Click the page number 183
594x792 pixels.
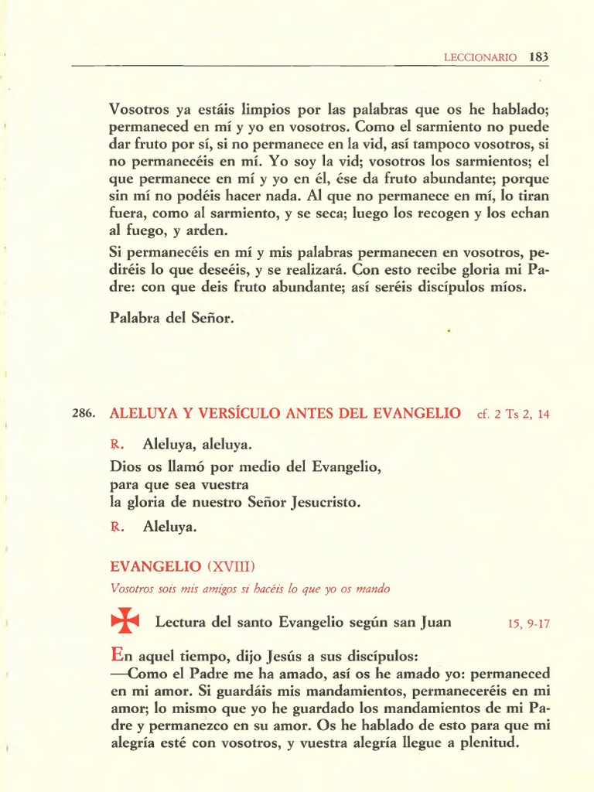(x=539, y=56)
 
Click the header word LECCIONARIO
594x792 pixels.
(x=480, y=57)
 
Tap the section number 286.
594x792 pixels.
(x=83, y=414)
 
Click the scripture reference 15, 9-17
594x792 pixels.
(x=529, y=623)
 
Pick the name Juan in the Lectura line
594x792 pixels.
(x=434, y=622)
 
